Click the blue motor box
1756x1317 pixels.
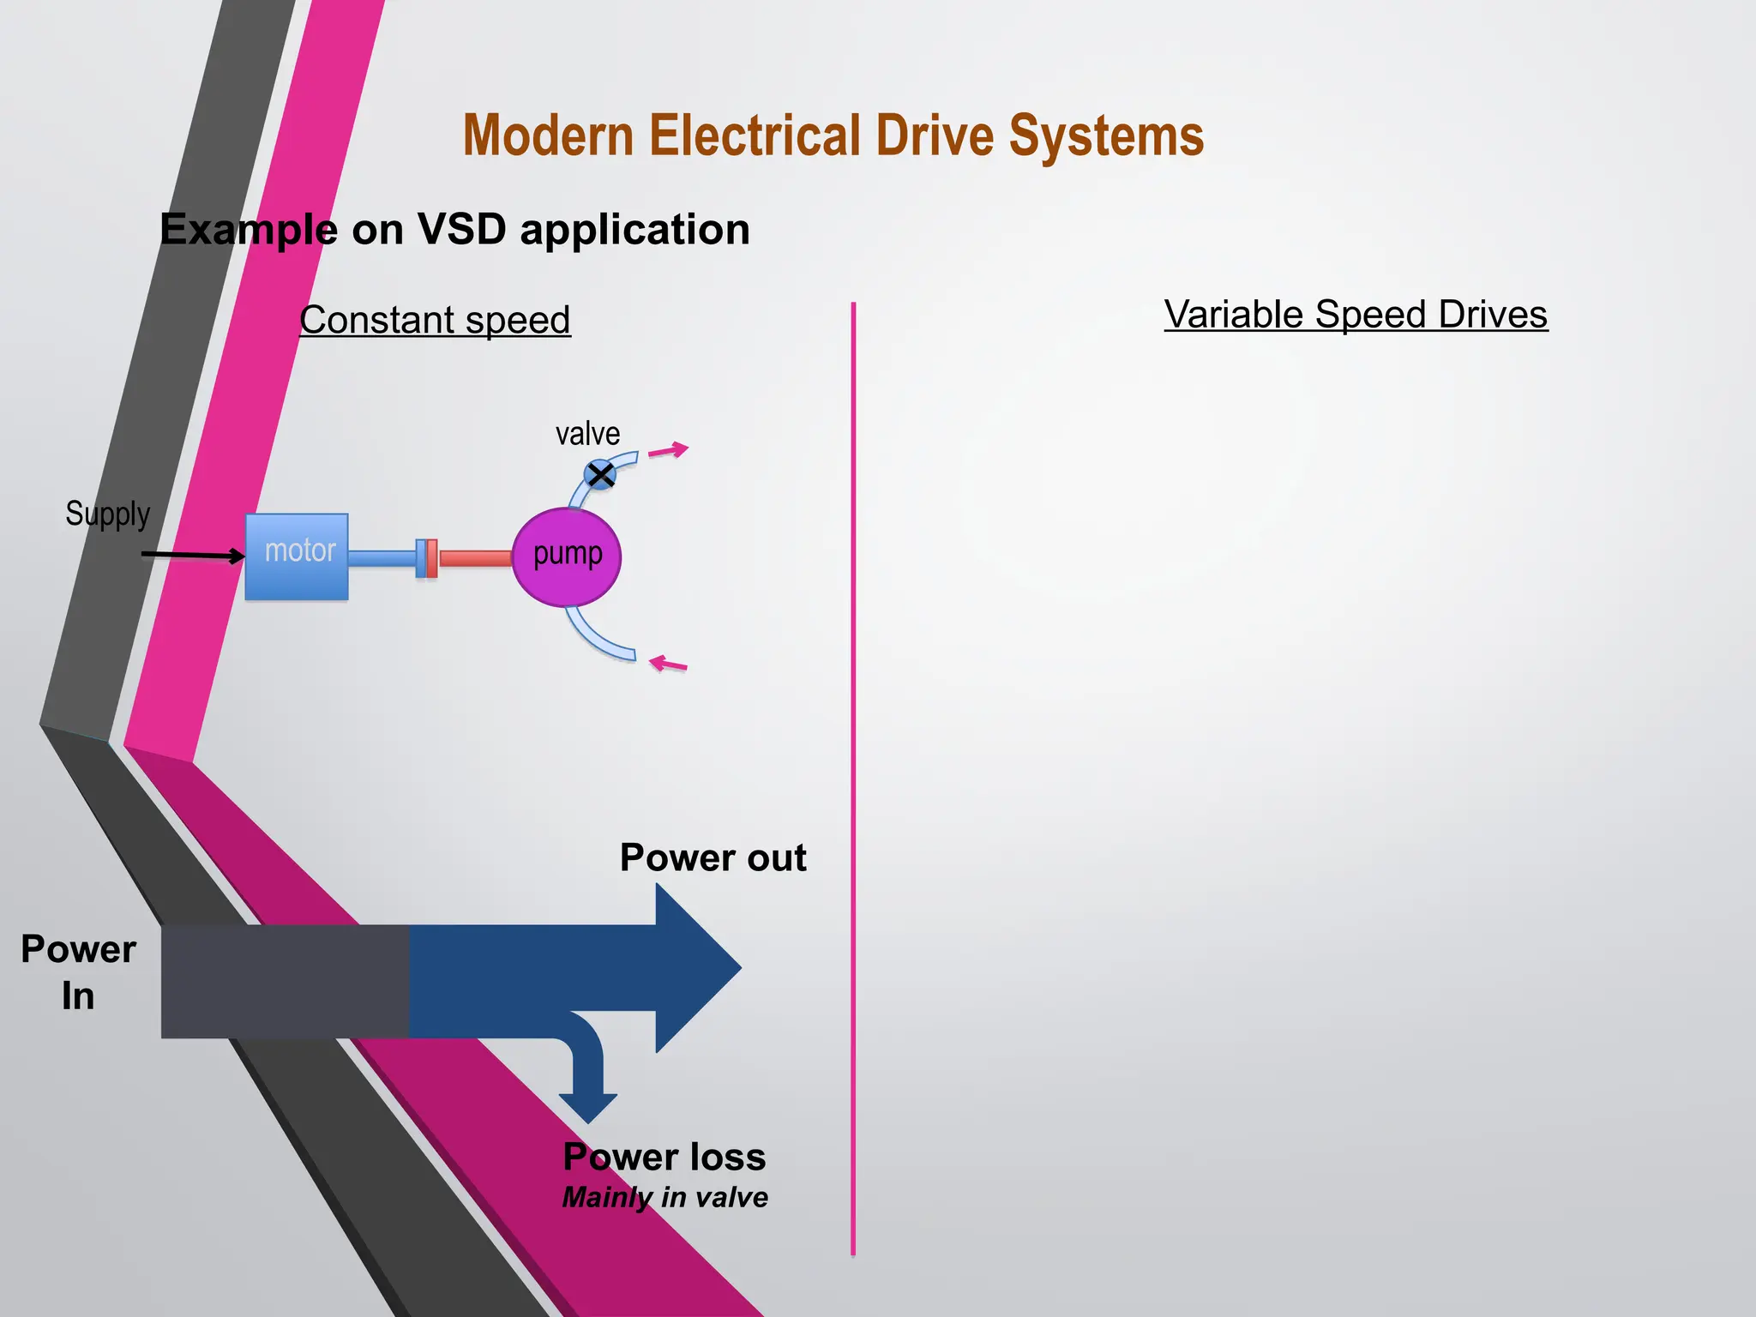(x=297, y=557)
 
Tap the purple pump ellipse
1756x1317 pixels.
(x=567, y=557)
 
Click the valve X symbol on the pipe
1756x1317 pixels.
(x=600, y=474)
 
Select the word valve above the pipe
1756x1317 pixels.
(x=587, y=434)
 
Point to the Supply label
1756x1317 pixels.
(x=108, y=514)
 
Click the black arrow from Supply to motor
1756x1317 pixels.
(x=193, y=556)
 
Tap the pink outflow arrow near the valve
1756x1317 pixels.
(x=668, y=450)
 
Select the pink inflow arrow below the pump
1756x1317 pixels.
(x=668, y=664)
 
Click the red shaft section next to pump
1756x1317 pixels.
(x=474, y=559)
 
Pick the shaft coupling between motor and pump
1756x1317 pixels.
(x=427, y=558)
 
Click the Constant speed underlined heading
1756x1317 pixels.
(x=435, y=320)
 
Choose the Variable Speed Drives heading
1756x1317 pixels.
(x=1356, y=315)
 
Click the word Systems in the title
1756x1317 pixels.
(x=1106, y=135)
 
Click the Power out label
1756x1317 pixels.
(x=713, y=857)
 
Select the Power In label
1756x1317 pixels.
(x=78, y=972)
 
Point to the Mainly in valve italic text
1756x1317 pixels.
(x=665, y=1197)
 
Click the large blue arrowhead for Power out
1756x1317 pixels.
(x=695, y=968)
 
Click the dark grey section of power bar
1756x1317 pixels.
(x=285, y=982)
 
